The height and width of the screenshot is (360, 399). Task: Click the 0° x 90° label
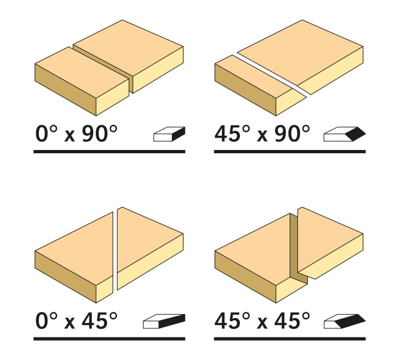click(x=76, y=134)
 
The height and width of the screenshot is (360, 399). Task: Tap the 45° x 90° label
click(x=263, y=134)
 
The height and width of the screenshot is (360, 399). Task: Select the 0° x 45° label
click(x=76, y=321)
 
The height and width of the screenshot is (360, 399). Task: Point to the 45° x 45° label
click(x=263, y=321)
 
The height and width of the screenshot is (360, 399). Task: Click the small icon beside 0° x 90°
click(x=169, y=134)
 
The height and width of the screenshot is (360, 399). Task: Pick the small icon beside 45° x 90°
click(x=345, y=134)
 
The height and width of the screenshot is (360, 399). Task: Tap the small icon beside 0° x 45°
click(x=164, y=321)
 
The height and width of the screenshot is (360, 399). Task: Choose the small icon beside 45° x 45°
click(x=345, y=321)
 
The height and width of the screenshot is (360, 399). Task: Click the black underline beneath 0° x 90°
click(x=109, y=152)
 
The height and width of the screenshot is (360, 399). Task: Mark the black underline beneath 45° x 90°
click(x=290, y=152)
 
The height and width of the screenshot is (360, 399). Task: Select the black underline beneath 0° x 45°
click(x=109, y=339)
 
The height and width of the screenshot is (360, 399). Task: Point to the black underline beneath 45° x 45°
click(x=290, y=339)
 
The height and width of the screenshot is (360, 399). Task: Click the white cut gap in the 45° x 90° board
click(x=272, y=74)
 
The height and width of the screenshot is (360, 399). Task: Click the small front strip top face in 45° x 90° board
click(x=253, y=76)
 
